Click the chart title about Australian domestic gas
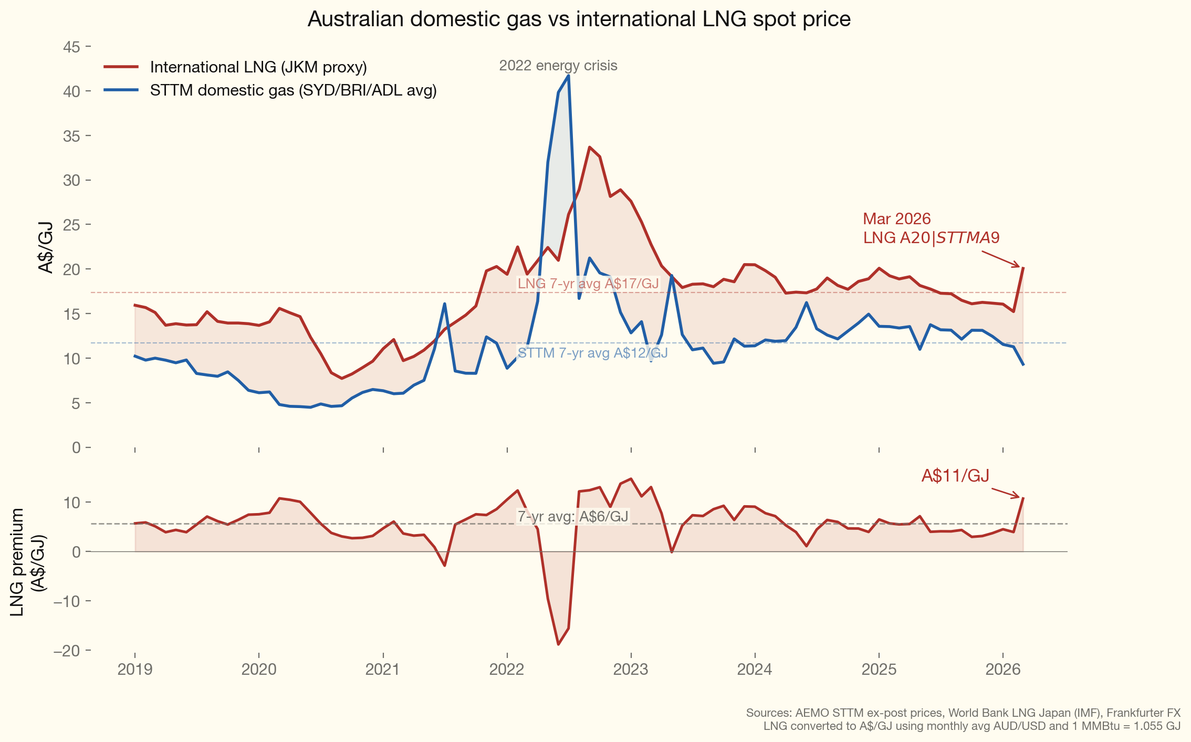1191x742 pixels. (x=579, y=19)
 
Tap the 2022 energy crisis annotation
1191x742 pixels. (x=558, y=66)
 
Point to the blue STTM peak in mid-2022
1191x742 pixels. (x=568, y=76)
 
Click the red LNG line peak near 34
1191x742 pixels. (x=589, y=147)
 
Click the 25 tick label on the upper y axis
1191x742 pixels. (x=72, y=225)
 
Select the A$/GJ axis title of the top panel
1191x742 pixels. (x=46, y=247)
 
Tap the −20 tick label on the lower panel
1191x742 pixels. (x=67, y=651)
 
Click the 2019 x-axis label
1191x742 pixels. (x=135, y=670)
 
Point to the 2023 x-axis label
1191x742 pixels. (x=631, y=670)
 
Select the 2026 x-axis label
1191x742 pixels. (x=1002, y=670)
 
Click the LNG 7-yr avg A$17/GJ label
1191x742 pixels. (x=588, y=284)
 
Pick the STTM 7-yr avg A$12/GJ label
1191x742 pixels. (x=593, y=353)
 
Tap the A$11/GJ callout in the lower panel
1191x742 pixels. (x=955, y=476)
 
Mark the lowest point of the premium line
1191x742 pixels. (x=558, y=644)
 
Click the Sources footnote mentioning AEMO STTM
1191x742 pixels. (x=963, y=713)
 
